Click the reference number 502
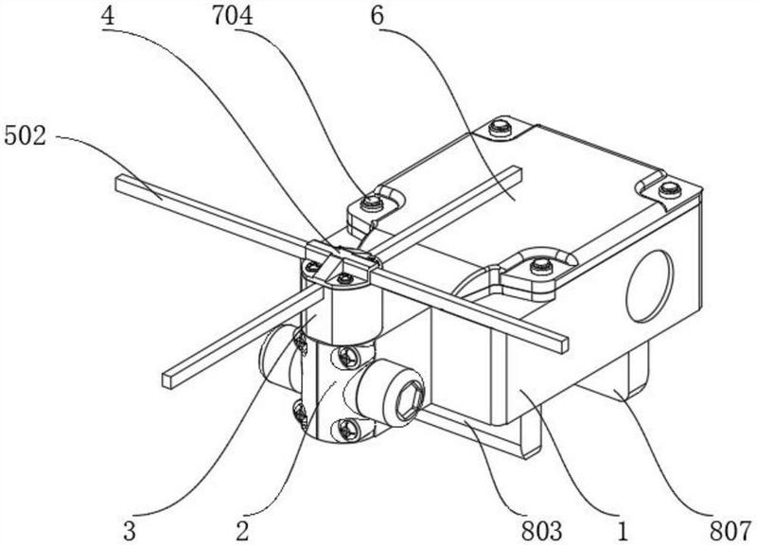coord(26,136)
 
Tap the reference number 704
coord(232,16)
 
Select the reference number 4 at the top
coord(108,16)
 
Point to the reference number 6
coord(377,16)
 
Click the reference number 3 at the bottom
coord(130,532)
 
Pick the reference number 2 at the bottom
coord(242,532)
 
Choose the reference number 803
coord(541,532)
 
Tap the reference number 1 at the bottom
coord(624,532)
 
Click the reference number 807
coord(731,532)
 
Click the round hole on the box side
coord(649,286)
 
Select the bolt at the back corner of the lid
coord(499,128)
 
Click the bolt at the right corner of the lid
coord(670,189)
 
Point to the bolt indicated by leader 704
coord(372,202)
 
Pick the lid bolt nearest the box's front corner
coord(541,266)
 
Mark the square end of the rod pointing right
coord(563,345)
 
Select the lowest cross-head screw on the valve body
coord(348,429)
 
